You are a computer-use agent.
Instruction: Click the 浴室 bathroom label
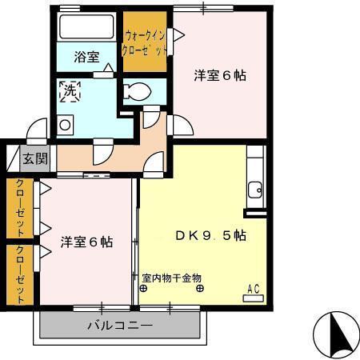(x=86, y=57)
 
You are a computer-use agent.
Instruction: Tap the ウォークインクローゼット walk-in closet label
(x=145, y=42)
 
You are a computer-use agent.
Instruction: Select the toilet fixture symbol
(x=138, y=91)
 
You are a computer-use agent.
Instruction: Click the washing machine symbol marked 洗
(x=69, y=92)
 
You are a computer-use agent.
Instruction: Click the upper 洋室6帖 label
(x=219, y=76)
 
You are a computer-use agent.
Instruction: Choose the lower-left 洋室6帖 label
(x=86, y=242)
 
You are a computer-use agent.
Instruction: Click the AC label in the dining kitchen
(x=254, y=289)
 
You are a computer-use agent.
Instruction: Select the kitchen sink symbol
(x=255, y=190)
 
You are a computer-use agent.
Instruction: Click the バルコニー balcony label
(x=119, y=326)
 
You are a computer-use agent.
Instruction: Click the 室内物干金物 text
(x=171, y=278)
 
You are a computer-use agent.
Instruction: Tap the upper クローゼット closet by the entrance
(x=18, y=207)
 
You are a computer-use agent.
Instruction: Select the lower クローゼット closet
(x=18, y=274)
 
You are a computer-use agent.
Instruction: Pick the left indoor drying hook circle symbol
(x=142, y=289)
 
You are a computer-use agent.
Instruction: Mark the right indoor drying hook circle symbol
(x=198, y=289)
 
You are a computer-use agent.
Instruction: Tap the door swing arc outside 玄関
(x=35, y=130)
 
